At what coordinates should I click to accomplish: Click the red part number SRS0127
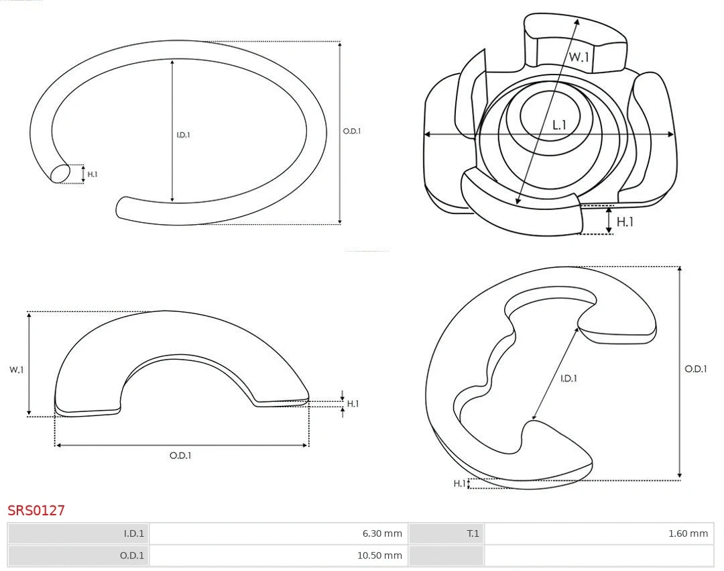(x=36, y=510)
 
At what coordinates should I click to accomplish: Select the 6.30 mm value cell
(x=279, y=533)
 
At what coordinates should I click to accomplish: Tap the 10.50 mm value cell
(x=279, y=556)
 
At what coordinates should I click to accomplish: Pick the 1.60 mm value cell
(x=599, y=533)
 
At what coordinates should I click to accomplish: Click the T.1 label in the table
(x=473, y=533)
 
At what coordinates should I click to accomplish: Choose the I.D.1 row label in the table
(x=134, y=533)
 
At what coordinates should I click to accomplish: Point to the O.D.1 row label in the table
(x=132, y=556)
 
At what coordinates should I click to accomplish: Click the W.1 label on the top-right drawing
(x=579, y=57)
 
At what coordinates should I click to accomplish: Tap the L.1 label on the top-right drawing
(x=559, y=125)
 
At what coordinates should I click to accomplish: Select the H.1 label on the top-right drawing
(x=625, y=221)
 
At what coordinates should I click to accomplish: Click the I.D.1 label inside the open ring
(x=183, y=135)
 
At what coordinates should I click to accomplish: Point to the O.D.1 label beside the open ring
(x=352, y=132)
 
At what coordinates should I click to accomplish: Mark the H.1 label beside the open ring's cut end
(x=93, y=174)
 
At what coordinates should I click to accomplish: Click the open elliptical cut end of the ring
(x=60, y=174)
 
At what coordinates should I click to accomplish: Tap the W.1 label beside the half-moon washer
(x=16, y=370)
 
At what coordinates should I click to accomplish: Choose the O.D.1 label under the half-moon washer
(x=180, y=456)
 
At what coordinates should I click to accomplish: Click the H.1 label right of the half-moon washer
(x=353, y=404)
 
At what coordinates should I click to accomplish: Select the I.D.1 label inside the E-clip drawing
(x=568, y=378)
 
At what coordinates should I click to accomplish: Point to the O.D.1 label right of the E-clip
(x=696, y=368)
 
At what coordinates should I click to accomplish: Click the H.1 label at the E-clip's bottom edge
(x=459, y=483)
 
